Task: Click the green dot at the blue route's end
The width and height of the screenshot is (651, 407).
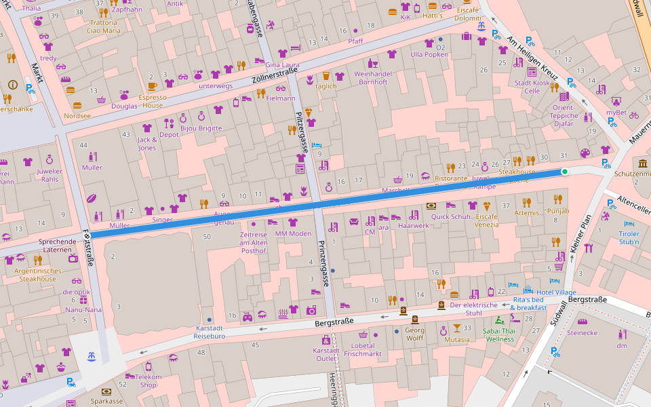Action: click(x=564, y=172)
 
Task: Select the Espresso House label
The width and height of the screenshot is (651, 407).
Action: click(x=152, y=101)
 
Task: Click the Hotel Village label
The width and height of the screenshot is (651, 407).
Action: click(x=556, y=292)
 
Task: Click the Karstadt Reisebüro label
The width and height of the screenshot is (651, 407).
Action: click(x=209, y=332)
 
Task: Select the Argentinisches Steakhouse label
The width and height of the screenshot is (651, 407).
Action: click(x=38, y=275)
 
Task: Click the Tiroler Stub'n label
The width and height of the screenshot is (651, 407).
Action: click(x=629, y=237)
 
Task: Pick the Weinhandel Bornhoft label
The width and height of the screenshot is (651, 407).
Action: click(x=371, y=77)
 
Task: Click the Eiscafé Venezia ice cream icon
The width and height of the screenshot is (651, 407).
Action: click(x=487, y=206)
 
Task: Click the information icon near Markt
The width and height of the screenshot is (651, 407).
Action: click(x=12, y=85)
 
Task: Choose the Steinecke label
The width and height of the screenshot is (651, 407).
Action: click(x=582, y=333)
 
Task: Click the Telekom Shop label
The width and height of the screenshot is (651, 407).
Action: click(x=148, y=381)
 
